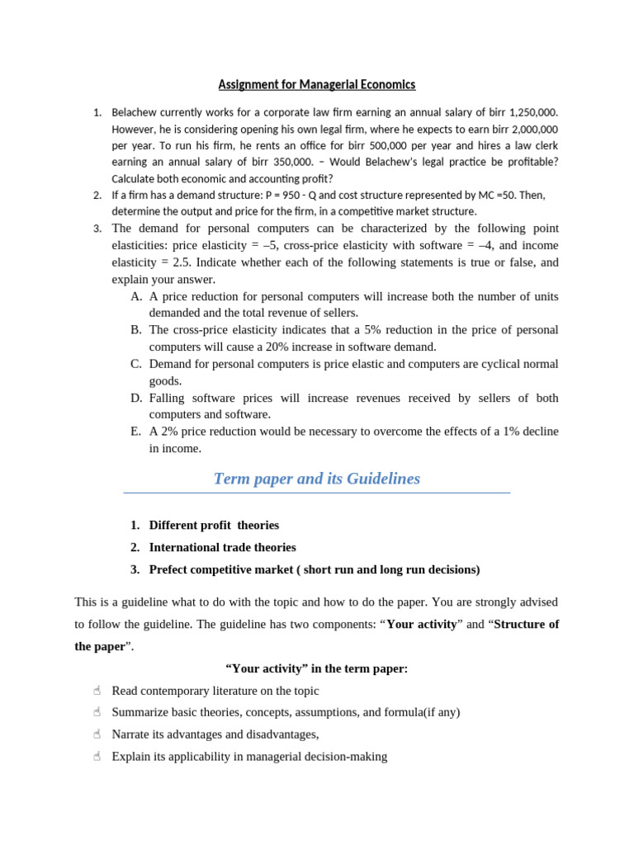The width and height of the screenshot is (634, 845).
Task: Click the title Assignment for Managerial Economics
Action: click(317, 84)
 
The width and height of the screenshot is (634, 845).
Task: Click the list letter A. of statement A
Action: click(136, 296)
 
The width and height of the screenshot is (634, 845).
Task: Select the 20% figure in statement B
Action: click(288, 347)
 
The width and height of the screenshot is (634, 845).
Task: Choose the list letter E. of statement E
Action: click(136, 432)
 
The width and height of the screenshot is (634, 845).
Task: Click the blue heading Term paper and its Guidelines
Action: click(317, 479)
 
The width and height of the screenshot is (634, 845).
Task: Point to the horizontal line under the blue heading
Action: click(317, 493)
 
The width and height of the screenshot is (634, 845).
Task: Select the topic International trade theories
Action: click(222, 547)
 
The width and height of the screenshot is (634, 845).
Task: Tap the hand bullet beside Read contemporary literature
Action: click(97, 691)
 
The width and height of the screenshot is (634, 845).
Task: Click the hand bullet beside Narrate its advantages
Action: click(97, 734)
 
